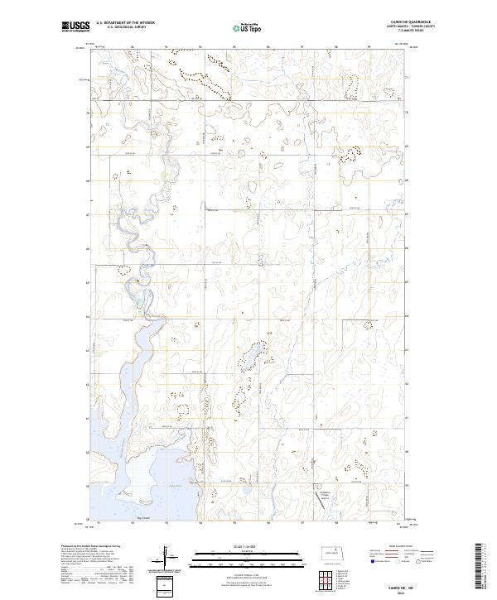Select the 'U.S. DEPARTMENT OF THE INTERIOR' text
pyautogui.click(x=125, y=23)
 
